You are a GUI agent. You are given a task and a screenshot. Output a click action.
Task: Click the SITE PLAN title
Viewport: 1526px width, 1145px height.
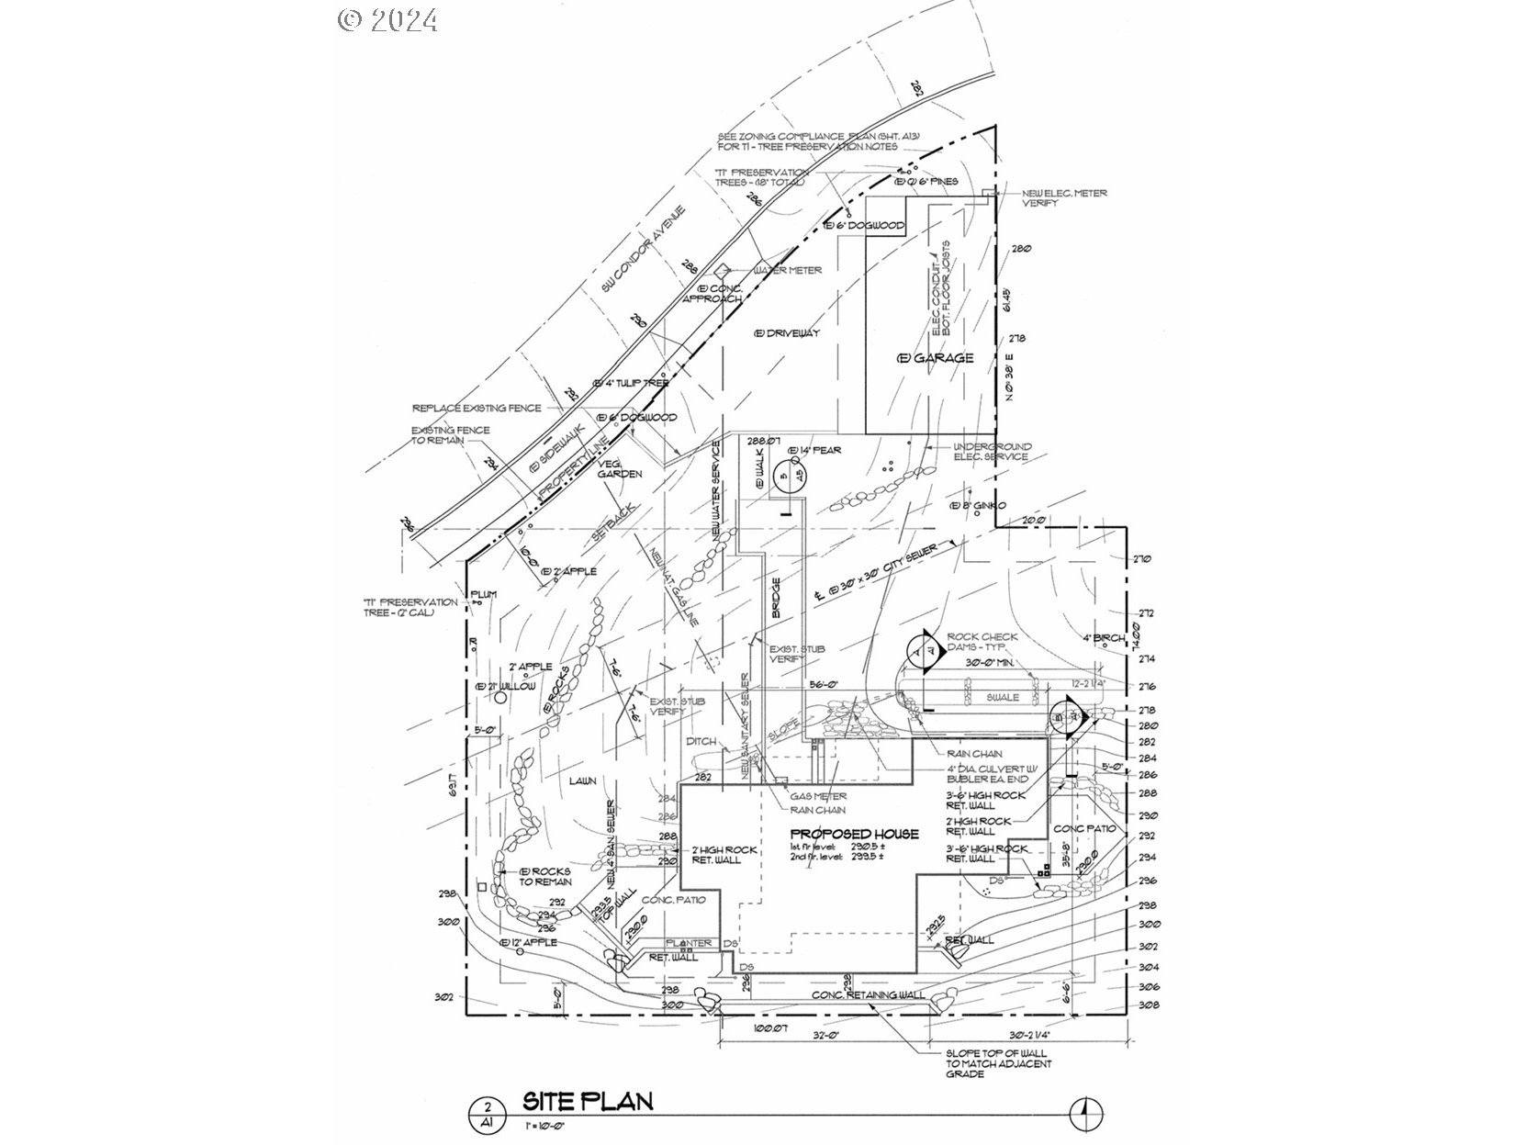pos(588,1101)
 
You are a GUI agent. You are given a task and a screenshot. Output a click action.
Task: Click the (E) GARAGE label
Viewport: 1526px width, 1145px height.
pos(936,357)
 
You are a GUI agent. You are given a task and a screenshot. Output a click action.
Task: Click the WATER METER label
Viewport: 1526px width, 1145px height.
pos(788,270)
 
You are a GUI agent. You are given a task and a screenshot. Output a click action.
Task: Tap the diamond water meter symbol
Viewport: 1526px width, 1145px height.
pos(722,270)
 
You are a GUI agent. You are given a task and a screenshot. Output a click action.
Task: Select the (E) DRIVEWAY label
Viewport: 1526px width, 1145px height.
pos(786,332)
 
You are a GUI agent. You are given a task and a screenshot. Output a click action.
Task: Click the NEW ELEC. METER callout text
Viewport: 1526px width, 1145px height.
pos(1065,197)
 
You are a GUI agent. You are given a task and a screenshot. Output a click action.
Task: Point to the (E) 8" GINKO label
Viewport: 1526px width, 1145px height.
pos(978,506)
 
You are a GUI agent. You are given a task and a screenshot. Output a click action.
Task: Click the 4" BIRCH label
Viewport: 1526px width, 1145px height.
pos(1103,638)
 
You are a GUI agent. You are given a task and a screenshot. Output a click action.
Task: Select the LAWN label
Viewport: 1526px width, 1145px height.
pos(582,780)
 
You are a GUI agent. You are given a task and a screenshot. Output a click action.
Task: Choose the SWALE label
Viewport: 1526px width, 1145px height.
pos(1003,697)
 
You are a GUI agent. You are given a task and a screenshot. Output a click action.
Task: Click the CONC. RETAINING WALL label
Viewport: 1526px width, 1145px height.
pos(868,995)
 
